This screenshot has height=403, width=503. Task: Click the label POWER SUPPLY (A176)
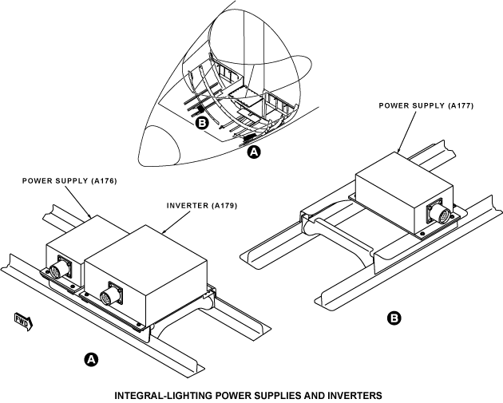click(x=69, y=181)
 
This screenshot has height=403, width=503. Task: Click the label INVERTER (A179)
click(x=202, y=206)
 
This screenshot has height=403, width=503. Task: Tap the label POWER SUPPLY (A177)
click(x=426, y=106)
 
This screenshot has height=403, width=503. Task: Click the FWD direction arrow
click(x=24, y=322)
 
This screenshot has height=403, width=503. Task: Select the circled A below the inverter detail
click(x=92, y=360)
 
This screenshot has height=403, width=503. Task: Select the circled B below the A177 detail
click(x=394, y=318)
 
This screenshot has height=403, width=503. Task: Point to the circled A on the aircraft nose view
click(x=254, y=152)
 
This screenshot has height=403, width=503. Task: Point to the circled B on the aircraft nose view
click(x=202, y=123)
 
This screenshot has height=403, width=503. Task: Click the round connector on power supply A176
click(x=56, y=269)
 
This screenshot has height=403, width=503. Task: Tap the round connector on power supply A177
click(x=438, y=213)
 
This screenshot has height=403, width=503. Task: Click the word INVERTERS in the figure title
click(x=354, y=395)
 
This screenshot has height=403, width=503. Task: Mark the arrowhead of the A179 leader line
click(x=164, y=231)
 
